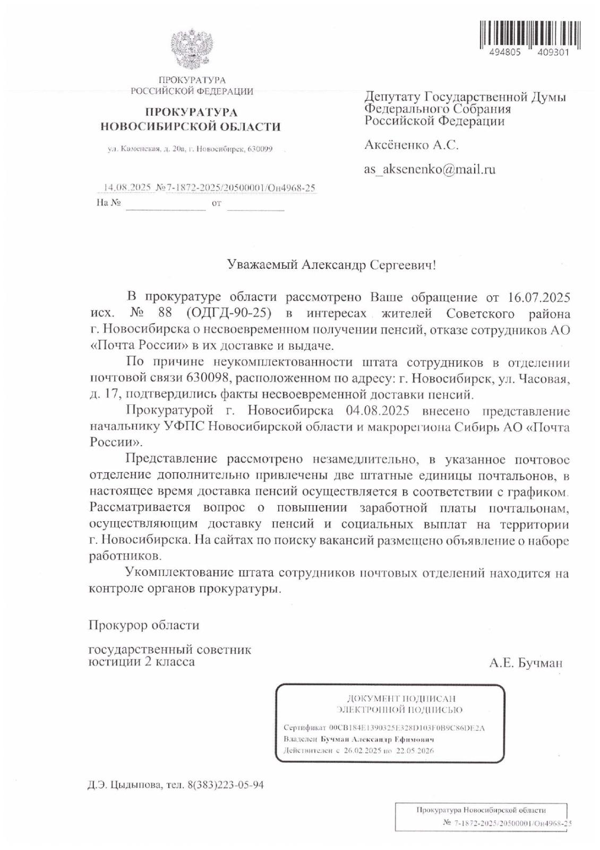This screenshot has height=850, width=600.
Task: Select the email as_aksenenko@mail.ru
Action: (x=430, y=169)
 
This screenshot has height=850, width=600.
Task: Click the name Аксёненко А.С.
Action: (x=411, y=145)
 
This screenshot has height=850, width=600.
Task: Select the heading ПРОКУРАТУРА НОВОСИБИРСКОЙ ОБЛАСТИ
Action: (x=191, y=120)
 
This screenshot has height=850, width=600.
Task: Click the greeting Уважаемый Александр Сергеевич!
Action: (x=331, y=265)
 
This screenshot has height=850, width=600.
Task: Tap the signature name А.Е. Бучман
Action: (x=526, y=663)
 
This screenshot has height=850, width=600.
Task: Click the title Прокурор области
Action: (x=144, y=625)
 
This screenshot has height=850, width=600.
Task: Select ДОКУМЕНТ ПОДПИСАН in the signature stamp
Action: (x=401, y=699)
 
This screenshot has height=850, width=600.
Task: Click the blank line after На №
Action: (x=165, y=203)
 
